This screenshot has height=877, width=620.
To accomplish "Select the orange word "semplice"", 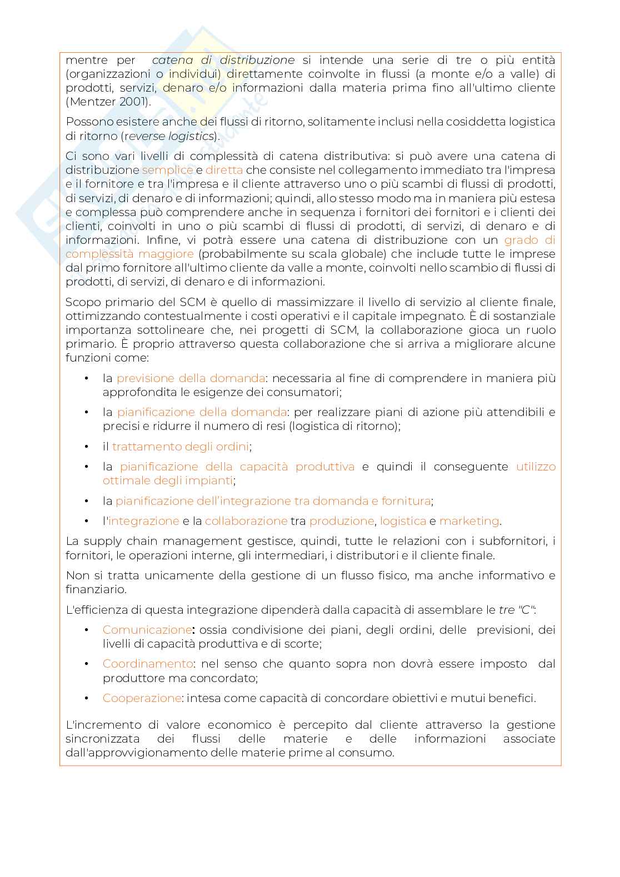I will pyautogui.click(x=167, y=171).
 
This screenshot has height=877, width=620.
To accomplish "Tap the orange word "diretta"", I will pyautogui.click(x=224, y=171).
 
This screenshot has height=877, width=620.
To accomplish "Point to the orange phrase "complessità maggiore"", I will pyautogui.click(x=129, y=254).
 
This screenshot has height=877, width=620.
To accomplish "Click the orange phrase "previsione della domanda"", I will pyautogui.click(x=191, y=378).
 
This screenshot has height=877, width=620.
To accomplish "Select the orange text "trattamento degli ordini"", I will pyautogui.click(x=181, y=447).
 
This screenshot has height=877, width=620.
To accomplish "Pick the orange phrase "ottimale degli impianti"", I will pyautogui.click(x=167, y=480).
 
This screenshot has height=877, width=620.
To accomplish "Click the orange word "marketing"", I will pyautogui.click(x=469, y=521).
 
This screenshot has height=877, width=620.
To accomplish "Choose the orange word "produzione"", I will pyautogui.click(x=341, y=521).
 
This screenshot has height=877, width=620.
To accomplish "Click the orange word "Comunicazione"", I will pyautogui.click(x=147, y=630).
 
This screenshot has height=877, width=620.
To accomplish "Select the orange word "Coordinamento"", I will pyautogui.click(x=148, y=664).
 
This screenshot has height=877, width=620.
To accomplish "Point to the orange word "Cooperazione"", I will pyautogui.click(x=142, y=698).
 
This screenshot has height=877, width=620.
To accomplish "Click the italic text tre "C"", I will pyautogui.click(x=517, y=610).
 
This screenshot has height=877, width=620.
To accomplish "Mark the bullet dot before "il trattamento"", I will pyautogui.click(x=87, y=447).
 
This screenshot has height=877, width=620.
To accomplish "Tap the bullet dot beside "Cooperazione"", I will pyautogui.click(x=87, y=698).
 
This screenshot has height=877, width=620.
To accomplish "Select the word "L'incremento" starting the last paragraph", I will pyautogui.click(x=99, y=725).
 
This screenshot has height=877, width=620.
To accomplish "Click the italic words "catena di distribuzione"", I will pyautogui.click(x=223, y=60).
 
